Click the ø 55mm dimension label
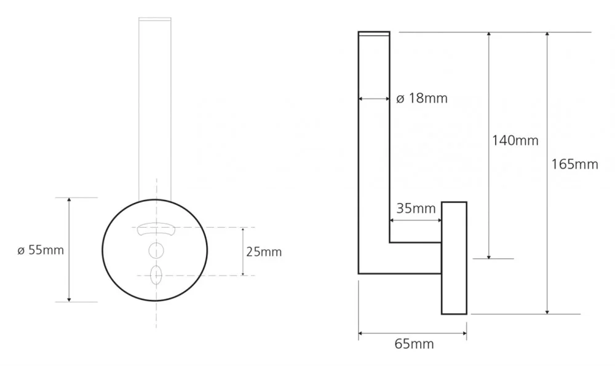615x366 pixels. click(41, 250)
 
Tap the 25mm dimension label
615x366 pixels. click(264, 252)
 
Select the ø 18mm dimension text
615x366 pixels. click(422, 98)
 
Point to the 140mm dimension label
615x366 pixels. click(515, 140)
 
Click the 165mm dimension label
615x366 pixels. click(574, 164)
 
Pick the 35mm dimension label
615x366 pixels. click(416, 209)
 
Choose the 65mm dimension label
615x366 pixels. click(414, 344)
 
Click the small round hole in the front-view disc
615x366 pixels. click(156, 250)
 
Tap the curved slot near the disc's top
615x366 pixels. click(156, 229)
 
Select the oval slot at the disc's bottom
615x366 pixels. click(156, 275)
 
